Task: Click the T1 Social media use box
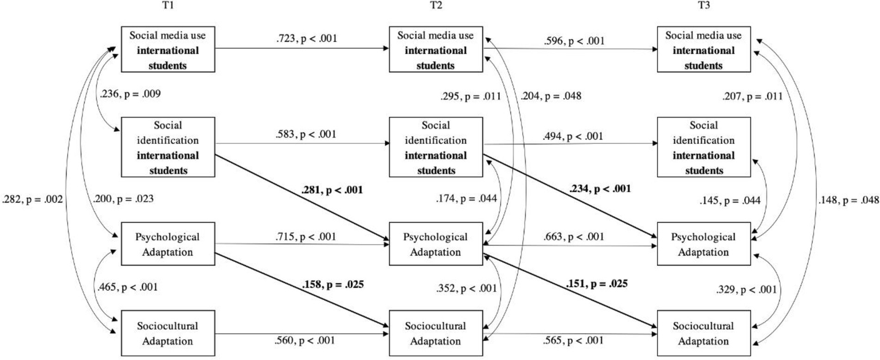(167, 50)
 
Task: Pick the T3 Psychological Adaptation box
(703, 244)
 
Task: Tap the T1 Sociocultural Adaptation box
(167, 333)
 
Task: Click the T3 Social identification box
(703, 147)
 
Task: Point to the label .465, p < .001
(127, 287)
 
